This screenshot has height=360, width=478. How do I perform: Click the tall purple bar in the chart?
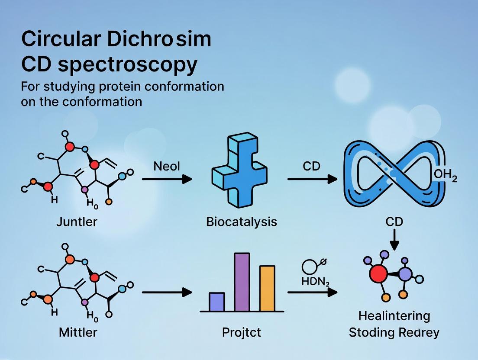click(x=242, y=282)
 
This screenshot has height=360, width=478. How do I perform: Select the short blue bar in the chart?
click(x=216, y=302)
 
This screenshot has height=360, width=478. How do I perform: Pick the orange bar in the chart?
click(x=267, y=288)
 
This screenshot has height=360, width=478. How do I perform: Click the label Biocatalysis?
click(x=242, y=222)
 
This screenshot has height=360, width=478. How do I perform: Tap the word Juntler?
click(x=77, y=222)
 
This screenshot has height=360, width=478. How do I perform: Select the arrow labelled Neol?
click(x=167, y=179)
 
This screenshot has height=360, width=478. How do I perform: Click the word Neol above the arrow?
click(x=167, y=166)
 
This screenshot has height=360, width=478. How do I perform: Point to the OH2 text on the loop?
click(x=445, y=178)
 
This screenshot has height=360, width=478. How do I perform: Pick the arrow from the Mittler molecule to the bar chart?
click(x=167, y=293)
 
